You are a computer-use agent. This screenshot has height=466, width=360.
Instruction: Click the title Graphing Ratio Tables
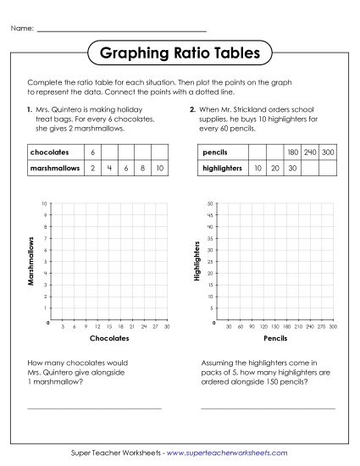tap(180, 54)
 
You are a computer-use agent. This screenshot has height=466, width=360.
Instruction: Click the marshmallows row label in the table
tap(52, 169)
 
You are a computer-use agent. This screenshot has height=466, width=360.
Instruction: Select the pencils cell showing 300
tap(328, 153)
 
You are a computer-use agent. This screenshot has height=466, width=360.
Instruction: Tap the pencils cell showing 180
tap(292, 153)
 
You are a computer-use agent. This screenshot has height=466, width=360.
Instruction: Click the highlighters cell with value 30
tap(292, 169)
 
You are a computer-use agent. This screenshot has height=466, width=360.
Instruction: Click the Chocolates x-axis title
tap(109, 337)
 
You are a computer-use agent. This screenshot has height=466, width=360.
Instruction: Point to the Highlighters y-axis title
tap(197, 264)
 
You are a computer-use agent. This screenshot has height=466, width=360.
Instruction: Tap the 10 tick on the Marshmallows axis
tap(44, 204)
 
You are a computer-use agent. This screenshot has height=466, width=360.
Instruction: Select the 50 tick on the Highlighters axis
tap(208, 204)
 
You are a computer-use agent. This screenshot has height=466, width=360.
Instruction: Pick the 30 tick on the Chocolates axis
tap(167, 326)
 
